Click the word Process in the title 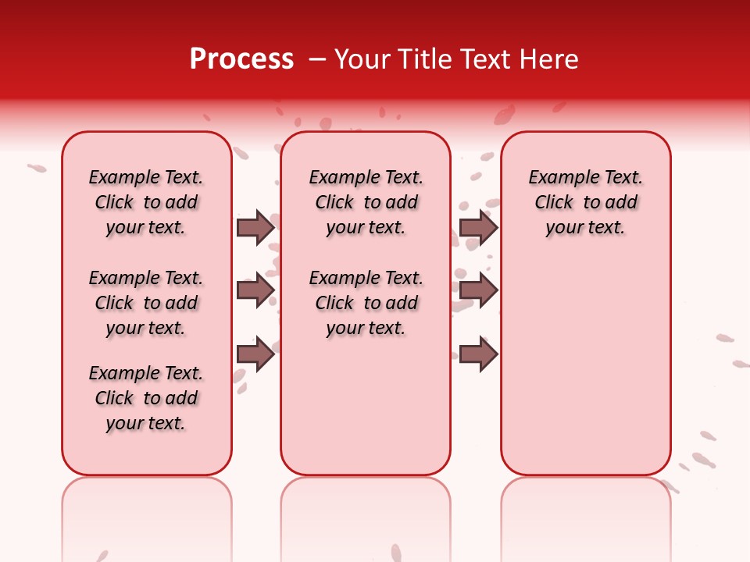(241, 59)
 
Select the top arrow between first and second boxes (255, 227)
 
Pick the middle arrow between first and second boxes (255, 290)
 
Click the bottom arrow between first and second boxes (255, 354)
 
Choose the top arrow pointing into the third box (478, 227)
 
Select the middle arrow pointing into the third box (478, 290)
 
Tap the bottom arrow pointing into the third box (478, 354)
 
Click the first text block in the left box (146, 202)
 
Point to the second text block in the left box (146, 303)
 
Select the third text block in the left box (146, 398)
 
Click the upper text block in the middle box (366, 202)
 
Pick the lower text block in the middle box (366, 303)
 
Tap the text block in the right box (585, 202)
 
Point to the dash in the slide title (317, 59)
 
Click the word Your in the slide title (362, 59)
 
